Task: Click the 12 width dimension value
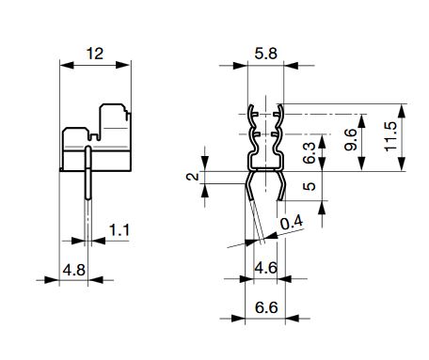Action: point(95,54)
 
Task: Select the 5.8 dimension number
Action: point(265,54)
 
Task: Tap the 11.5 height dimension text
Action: point(390,136)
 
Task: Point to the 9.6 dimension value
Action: point(350,139)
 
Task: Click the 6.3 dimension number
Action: point(309,153)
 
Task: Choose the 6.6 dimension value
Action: point(266,307)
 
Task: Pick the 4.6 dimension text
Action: point(265,268)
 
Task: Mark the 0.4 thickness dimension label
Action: point(292,223)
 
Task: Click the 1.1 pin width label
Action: point(119,230)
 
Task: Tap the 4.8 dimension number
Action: point(74,270)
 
